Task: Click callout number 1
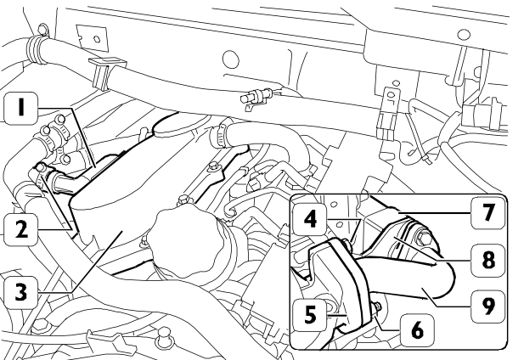point(20,109)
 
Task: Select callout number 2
point(20,230)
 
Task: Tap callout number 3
point(20,291)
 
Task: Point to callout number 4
point(310,219)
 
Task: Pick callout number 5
point(310,314)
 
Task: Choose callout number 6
point(417,330)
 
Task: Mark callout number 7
point(487,212)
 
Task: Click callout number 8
point(487,260)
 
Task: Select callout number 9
point(487,307)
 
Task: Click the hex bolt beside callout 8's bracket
point(424,239)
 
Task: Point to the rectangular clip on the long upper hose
point(106,73)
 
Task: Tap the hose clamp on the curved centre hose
point(218,134)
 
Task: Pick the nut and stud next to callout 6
point(377,307)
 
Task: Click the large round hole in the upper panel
point(231,59)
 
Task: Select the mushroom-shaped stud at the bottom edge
point(165,335)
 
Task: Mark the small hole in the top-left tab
point(97,39)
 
